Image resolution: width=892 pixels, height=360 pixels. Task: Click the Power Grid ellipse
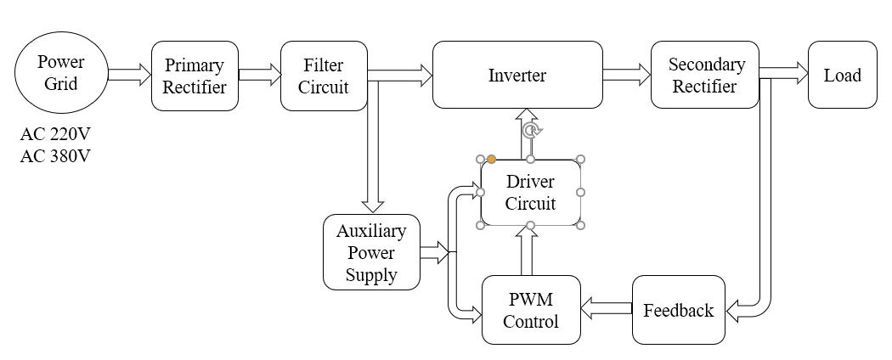61,74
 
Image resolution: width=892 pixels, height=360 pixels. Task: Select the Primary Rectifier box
195,76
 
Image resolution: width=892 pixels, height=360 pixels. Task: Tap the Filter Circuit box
324,76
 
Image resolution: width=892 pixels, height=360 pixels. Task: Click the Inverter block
517,76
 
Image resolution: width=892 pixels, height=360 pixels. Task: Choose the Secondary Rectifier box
705,76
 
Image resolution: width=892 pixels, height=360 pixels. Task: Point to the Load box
842,76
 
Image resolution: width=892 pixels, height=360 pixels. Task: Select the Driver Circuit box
531,193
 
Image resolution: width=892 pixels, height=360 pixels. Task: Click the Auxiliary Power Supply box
372,252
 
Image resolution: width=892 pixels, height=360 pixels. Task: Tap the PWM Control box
531,310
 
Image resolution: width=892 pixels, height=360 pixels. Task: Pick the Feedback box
679,310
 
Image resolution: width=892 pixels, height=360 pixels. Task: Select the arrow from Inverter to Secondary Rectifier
626,76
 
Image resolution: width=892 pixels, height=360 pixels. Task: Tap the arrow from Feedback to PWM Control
607,310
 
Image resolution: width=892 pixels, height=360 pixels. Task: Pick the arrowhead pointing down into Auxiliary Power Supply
372,205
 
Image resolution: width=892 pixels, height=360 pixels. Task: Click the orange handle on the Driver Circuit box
491,159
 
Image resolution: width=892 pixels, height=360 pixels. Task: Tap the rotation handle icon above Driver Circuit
531,130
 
